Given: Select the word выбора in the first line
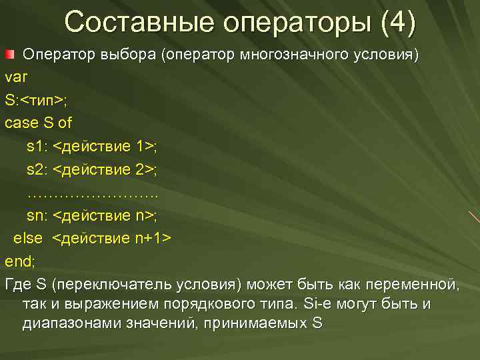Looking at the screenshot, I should pyautogui.click(x=127, y=55).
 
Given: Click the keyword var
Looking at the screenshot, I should pyautogui.click(x=16, y=77).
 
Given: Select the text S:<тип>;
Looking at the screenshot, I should pyautogui.click(x=35, y=101).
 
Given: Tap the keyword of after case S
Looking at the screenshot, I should pyautogui.click(x=65, y=123).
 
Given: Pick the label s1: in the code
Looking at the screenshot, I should pyautogui.click(x=37, y=146).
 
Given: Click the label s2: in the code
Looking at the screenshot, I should pyautogui.click(x=37, y=169).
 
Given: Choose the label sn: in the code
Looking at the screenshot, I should pyautogui.click(x=37, y=215).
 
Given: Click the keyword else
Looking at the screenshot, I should pyautogui.click(x=28, y=238).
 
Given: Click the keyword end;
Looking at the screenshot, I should pyautogui.click(x=19, y=261).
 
